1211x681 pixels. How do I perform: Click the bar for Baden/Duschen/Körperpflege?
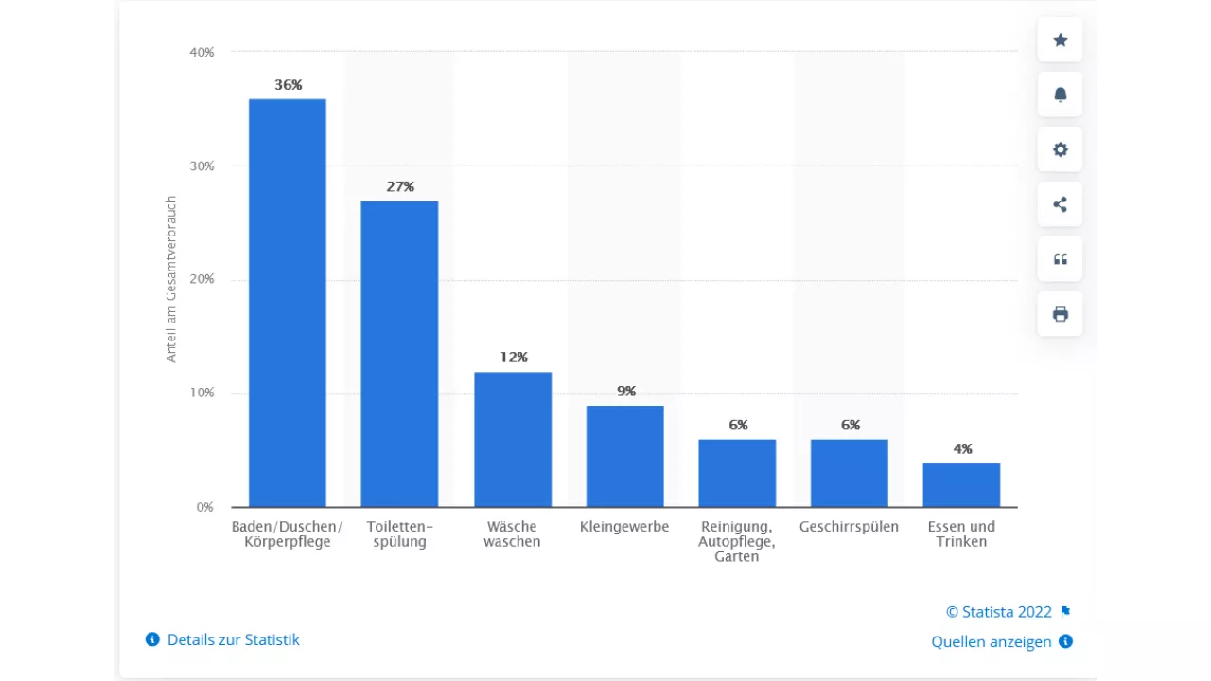(x=287, y=303)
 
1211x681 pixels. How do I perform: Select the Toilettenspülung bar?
(x=399, y=354)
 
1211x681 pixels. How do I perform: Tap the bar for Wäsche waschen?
(x=512, y=439)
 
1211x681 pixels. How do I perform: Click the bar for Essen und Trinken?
(x=961, y=484)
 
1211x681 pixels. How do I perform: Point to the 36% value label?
(x=289, y=85)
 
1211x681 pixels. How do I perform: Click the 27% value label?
(x=400, y=187)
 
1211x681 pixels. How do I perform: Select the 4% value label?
(x=962, y=449)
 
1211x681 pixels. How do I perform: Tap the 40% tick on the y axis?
(x=202, y=52)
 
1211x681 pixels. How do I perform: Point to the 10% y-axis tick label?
(x=202, y=393)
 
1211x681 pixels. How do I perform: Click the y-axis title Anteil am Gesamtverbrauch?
(x=171, y=279)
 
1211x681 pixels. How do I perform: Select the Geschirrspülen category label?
(x=849, y=527)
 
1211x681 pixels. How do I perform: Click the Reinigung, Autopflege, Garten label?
(x=737, y=541)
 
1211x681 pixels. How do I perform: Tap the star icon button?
(x=1060, y=40)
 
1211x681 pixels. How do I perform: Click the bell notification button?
(x=1060, y=95)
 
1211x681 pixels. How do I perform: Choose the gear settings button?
(x=1060, y=149)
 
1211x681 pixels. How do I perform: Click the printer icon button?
(x=1060, y=314)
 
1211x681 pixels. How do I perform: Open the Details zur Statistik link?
(x=233, y=639)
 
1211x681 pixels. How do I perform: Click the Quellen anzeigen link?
(x=992, y=641)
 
